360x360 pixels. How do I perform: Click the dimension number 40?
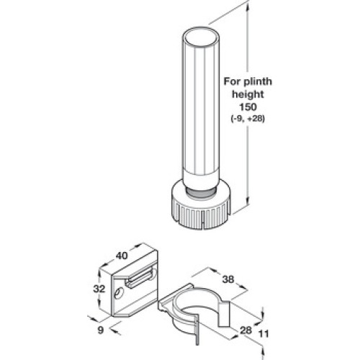pos(122,256)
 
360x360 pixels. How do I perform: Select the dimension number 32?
pos(99,289)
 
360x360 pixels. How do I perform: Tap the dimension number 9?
pos(101,330)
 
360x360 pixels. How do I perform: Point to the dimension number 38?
pos(228,279)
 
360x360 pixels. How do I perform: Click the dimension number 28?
pos(246,330)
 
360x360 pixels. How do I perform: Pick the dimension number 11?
pos(264,334)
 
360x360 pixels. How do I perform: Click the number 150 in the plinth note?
pos(248,107)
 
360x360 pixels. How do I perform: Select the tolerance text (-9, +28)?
pos(248,119)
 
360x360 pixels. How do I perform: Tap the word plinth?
pos(258,81)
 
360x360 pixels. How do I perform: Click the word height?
pos(248,94)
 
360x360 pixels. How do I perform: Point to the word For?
pos(233,81)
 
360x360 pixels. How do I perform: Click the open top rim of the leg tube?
pos(201,37)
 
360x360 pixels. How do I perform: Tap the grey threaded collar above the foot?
pos(201,192)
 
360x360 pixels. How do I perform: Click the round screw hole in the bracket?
pos(118,293)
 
